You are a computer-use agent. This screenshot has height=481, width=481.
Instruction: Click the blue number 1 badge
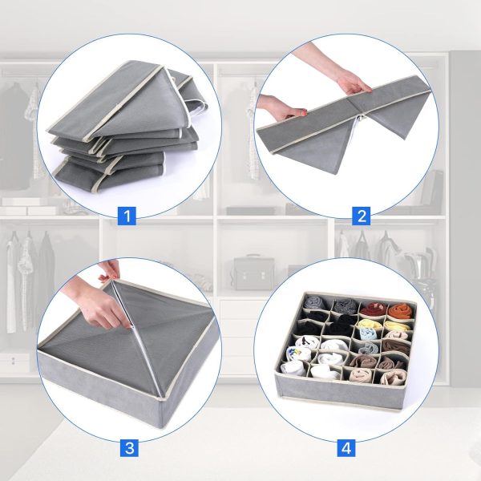(127, 216)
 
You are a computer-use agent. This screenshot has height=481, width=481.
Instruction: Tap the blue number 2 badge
(362, 216)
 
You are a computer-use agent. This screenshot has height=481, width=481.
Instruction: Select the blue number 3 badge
(129, 448)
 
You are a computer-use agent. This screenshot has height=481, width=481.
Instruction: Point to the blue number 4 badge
(346, 448)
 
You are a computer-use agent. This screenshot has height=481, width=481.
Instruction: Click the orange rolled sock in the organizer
(399, 311)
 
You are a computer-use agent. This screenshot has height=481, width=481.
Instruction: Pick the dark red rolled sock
(373, 309)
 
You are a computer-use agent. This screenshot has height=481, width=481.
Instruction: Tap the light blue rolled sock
(368, 334)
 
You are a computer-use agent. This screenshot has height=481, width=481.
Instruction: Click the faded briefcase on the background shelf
(253, 273)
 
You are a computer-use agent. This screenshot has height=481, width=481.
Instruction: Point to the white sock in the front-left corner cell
(293, 368)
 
